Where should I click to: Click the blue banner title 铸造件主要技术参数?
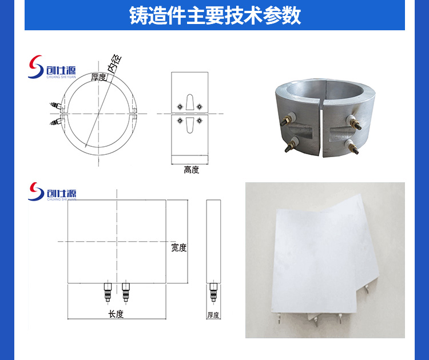pos(215,15)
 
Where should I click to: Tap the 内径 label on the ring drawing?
pos(114,63)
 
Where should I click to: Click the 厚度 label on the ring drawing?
pos(98,77)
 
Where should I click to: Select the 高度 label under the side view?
pos(191,170)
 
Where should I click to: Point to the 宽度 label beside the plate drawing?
pos(178,247)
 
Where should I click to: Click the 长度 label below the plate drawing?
pos(116,314)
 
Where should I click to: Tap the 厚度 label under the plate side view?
pos(213,315)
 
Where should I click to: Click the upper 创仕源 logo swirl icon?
pos(36,67)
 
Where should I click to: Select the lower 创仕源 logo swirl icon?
pos(36,191)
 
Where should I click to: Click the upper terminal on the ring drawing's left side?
pos(55,105)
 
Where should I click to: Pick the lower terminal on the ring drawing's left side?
pos(55,121)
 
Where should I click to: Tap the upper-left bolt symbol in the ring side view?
pos(180,106)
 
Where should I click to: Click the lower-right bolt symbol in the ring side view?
pos(200,120)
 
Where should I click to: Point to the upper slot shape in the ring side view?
pos(189,102)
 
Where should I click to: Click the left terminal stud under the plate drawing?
pos(108,292)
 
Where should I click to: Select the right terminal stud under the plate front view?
pos(126,292)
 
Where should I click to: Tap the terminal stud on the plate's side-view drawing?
pos(213,292)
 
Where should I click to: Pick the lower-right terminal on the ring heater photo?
pos(352,146)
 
